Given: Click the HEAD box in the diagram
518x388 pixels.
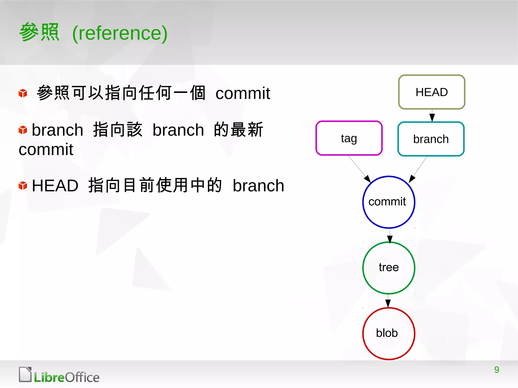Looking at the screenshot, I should (x=431, y=92).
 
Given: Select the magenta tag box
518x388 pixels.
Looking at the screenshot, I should (x=349, y=138).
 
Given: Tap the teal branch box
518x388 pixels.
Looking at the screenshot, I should (x=431, y=139).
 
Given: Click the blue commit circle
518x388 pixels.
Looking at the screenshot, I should (x=388, y=202).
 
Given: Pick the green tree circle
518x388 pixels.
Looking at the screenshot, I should (x=388, y=268).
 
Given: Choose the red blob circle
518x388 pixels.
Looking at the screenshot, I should (x=388, y=333).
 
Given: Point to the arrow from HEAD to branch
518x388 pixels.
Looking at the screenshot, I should (x=432, y=116).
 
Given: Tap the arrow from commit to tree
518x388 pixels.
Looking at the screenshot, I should (x=390, y=236).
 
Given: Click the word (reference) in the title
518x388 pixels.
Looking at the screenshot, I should (x=120, y=33).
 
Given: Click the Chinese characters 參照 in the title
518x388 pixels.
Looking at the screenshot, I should (x=39, y=32).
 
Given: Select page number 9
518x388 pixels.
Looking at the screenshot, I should (x=497, y=370).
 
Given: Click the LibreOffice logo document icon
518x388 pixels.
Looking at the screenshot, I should (x=25, y=374).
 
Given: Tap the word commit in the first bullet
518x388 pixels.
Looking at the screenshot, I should (x=243, y=93).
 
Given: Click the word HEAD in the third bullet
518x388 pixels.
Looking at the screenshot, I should (x=55, y=186).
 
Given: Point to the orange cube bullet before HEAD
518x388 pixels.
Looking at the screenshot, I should (x=23, y=186).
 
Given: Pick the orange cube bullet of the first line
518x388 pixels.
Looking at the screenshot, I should (x=23, y=93).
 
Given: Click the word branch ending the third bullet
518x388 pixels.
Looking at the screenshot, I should (x=258, y=186).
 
